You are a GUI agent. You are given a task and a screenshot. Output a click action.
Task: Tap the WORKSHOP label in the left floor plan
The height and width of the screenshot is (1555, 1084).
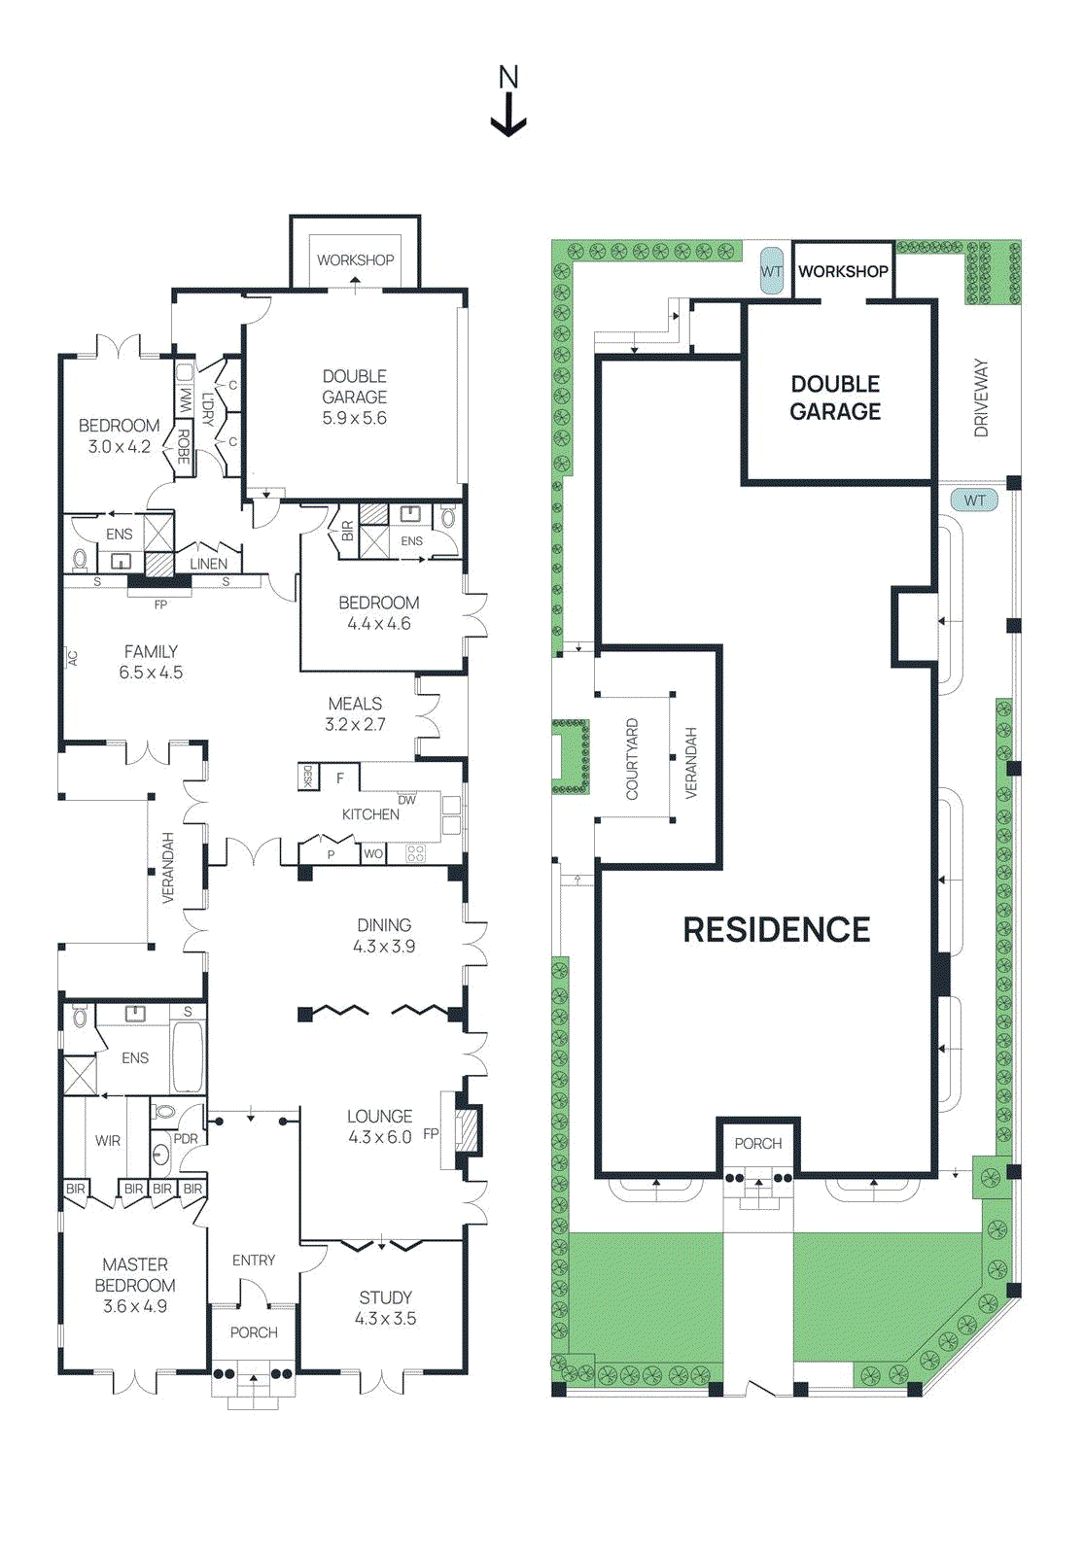[355, 260]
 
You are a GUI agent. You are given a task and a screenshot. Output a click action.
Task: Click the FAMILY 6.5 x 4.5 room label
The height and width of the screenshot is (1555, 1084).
[151, 662]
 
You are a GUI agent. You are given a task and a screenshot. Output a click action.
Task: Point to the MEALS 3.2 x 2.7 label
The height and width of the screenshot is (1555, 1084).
[355, 713]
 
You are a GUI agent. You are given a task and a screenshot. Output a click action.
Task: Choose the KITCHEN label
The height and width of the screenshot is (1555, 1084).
[369, 814]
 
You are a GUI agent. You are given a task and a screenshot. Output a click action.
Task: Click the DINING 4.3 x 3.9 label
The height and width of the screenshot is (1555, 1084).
[384, 935]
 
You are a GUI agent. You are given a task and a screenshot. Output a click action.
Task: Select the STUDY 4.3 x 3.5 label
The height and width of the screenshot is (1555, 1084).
[385, 1307]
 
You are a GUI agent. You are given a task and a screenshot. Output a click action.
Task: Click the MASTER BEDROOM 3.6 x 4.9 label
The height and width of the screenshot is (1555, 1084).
[135, 1285]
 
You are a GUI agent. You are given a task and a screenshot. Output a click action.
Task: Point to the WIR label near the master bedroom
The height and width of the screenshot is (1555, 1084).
[108, 1140]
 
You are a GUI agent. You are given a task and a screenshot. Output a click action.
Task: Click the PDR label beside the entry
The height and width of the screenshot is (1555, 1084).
[186, 1139]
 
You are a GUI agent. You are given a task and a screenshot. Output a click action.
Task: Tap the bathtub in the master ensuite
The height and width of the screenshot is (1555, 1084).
[188, 1056]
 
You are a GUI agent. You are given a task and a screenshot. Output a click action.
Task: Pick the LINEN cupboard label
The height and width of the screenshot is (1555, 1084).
[208, 564]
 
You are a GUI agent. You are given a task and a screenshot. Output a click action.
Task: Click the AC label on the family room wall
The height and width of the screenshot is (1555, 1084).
[72, 658]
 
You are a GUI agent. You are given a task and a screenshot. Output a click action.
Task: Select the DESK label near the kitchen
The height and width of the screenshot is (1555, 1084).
[308, 776]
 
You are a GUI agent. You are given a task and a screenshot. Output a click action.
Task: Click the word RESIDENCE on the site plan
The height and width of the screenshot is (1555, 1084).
[776, 930]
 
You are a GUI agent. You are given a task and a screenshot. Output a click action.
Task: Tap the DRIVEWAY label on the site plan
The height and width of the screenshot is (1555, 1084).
[981, 397]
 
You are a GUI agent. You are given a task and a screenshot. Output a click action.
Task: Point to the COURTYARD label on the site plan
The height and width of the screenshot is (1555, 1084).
[632, 759]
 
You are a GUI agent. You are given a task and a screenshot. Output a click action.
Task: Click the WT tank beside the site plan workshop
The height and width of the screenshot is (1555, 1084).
[772, 271]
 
